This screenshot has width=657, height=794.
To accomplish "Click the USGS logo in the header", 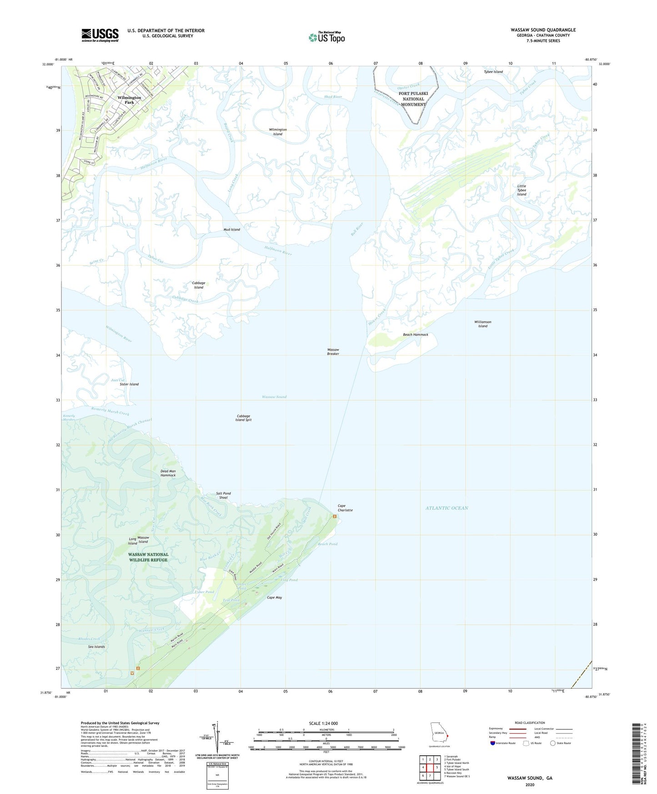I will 100,35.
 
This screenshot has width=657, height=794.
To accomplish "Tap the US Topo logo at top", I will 326,37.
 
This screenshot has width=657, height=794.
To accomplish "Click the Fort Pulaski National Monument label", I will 413,99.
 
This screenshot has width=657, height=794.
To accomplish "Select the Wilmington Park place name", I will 129,100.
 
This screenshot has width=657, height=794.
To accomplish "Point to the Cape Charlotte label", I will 345,508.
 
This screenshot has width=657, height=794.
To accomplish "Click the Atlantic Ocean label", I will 446,508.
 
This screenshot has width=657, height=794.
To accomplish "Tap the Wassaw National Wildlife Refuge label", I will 148,557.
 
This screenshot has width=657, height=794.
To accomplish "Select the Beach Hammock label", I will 415,335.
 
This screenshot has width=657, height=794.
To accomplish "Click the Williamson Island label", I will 482,324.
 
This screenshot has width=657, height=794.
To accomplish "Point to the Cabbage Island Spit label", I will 243,418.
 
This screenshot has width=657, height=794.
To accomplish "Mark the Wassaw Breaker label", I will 333,352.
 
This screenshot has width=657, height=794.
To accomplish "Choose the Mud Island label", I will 231,230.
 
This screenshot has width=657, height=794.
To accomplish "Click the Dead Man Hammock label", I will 168,473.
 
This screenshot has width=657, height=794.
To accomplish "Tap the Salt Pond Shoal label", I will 223,495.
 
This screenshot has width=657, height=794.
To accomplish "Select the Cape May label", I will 274,598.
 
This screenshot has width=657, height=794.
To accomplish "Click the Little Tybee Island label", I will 522,190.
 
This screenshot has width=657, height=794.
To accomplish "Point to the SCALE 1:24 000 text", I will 323,724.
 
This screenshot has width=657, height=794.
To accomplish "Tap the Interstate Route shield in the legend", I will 493,743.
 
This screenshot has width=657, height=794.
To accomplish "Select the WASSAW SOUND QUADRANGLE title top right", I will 543,30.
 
